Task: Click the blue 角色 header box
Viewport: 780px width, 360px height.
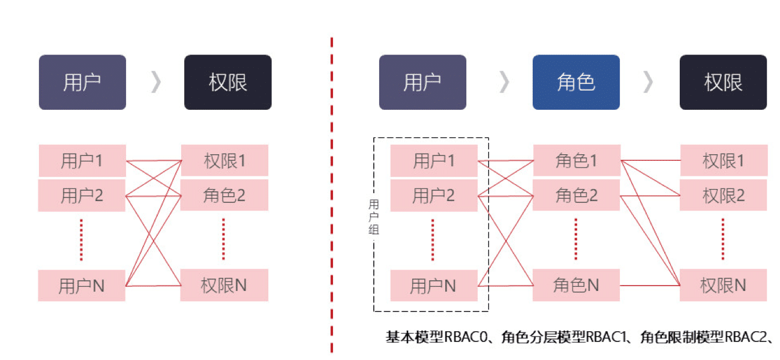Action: (576, 82)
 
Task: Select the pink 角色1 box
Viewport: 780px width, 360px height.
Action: (577, 161)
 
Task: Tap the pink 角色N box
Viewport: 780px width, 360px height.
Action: (576, 285)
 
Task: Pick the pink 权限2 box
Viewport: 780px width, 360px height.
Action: (723, 196)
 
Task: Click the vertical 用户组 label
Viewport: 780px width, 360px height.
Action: (374, 217)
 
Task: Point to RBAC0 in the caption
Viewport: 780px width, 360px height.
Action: (466, 337)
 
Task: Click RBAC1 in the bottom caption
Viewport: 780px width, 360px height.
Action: (606, 337)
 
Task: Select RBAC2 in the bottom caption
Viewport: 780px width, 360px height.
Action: (746, 337)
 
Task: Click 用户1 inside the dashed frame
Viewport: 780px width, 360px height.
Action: (434, 161)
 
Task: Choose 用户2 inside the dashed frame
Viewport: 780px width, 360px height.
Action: (434, 196)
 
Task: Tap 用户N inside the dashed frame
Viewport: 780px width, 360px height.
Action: (434, 286)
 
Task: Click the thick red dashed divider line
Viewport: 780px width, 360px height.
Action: (331, 195)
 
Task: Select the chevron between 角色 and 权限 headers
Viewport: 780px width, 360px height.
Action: (648, 82)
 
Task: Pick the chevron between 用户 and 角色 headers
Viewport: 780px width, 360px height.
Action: (505, 82)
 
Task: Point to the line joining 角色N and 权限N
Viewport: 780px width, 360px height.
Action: (650, 286)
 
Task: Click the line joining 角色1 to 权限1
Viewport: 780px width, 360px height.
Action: (650, 161)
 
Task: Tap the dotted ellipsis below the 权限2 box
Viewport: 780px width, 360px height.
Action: (723, 239)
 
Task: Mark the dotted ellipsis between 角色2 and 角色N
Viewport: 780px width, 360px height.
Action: (575, 239)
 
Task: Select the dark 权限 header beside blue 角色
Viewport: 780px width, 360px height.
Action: (723, 82)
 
